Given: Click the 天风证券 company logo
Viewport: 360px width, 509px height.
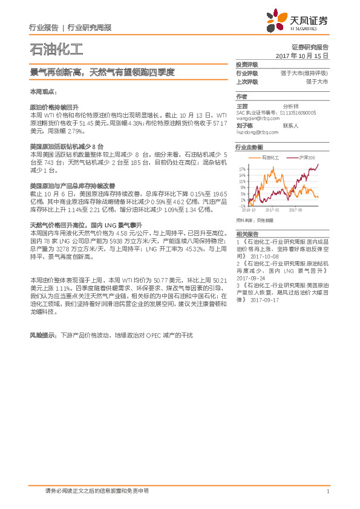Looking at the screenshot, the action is point(297,23).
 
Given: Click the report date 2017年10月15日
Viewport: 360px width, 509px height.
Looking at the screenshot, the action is point(302,56).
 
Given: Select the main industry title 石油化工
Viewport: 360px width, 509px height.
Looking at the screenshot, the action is point(56,49).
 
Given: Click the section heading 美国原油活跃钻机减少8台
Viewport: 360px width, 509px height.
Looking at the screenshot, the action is point(67,147).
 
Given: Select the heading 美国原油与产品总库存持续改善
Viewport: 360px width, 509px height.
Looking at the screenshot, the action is point(72,186).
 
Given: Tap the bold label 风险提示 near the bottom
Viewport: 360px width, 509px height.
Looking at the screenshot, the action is point(42,334).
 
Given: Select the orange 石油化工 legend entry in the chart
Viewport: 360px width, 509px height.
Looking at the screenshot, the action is point(270,157).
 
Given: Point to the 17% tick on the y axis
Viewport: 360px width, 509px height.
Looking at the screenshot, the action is point(242,169).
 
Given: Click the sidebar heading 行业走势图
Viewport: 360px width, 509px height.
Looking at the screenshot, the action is point(250,147).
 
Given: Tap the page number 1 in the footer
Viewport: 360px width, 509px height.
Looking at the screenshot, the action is point(327,491).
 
